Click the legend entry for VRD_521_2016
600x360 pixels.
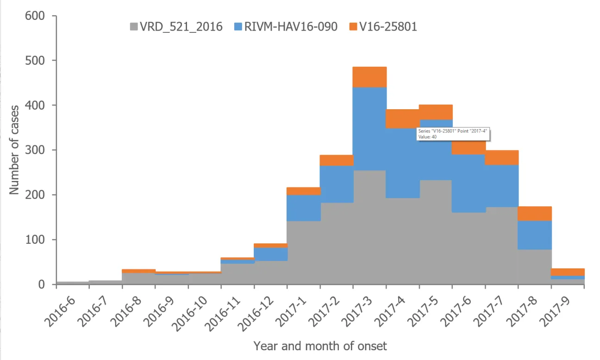coord(175,27)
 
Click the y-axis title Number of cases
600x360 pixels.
coord(14,150)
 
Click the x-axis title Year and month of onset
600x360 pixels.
coord(320,346)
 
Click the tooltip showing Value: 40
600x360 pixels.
coord(453,134)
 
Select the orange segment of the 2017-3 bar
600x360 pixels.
coord(369,77)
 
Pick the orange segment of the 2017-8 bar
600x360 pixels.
coord(535,213)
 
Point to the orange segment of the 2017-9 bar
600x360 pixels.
coord(568,272)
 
